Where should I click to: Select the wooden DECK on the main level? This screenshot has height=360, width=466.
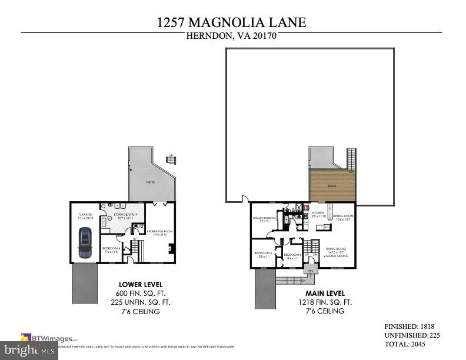(332, 187)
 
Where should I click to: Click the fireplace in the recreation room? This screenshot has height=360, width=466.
(171, 248)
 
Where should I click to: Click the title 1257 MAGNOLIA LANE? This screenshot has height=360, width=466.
(231, 22)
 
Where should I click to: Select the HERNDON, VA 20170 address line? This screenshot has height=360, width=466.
(231, 36)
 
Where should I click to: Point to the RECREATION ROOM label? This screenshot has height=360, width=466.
(158, 232)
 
